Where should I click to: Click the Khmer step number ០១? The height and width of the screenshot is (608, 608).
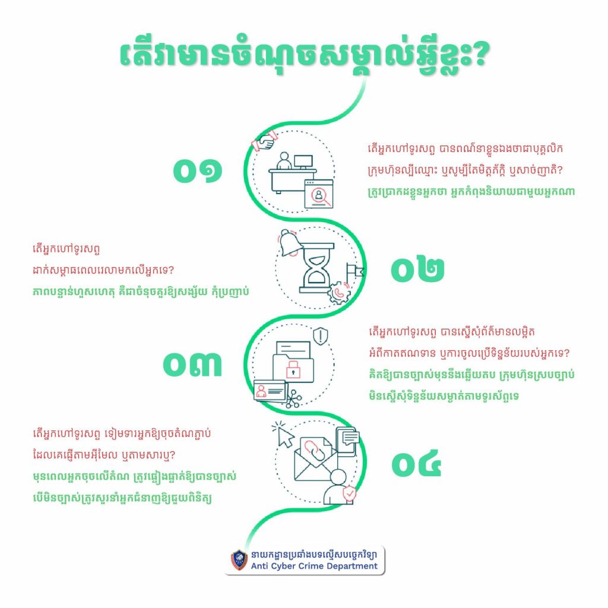197,170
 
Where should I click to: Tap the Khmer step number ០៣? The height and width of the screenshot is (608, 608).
192,365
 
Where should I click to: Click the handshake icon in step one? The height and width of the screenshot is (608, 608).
264,141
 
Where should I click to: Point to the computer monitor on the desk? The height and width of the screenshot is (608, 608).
303,161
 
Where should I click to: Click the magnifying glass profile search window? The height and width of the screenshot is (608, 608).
319,194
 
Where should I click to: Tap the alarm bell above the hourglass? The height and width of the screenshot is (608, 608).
290,243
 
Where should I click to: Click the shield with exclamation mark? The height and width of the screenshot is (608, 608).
320,336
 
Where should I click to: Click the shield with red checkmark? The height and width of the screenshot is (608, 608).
349,493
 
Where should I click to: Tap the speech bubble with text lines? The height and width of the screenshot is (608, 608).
350,438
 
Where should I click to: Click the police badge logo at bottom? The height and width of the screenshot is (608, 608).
239,560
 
